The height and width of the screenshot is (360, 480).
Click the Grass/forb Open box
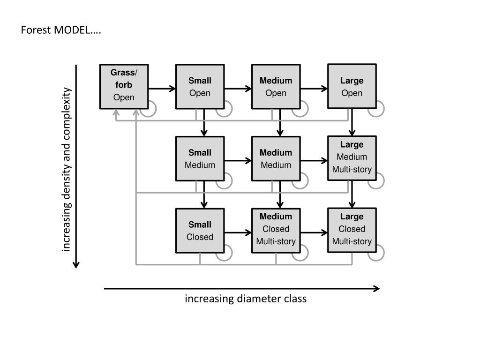[124, 87]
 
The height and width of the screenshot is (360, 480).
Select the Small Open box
[200, 87]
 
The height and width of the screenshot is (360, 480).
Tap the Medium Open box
[276, 87]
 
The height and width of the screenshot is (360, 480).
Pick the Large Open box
[352, 86]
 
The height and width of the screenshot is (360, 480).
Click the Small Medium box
[200, 158]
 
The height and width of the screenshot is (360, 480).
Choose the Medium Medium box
[276, 158]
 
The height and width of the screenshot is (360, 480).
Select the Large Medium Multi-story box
[352, 158]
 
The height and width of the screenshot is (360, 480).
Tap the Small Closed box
[200, 231]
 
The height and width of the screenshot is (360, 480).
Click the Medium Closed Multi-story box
[276, 231]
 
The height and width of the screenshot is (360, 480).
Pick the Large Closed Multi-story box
[352, 231]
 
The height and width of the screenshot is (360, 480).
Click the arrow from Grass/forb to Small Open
[162, 89]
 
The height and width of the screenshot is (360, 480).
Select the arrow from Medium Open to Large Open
[314, 89]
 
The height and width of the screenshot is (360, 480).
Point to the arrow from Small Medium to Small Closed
[204, 195]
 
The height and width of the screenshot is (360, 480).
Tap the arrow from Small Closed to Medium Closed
[238, 232]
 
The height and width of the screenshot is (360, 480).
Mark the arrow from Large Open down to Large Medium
[352, 122]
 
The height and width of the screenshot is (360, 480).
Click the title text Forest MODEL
[61, 30]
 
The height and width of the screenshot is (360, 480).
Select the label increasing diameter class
[246, 299]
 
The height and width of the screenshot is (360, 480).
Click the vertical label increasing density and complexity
[67, 169]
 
